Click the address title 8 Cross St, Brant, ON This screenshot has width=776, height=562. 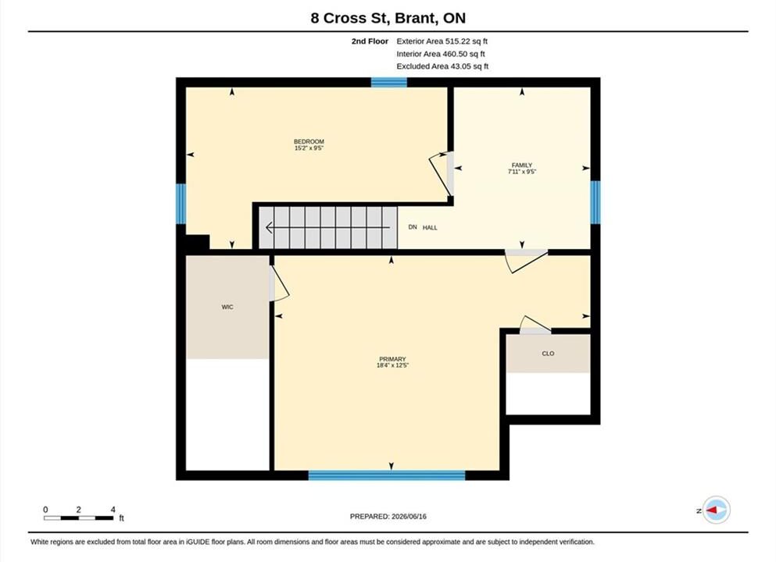point(388,18)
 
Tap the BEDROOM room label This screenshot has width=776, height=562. point(309,141)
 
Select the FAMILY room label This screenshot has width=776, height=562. point(521,165)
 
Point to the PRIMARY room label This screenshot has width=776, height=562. point(392,359)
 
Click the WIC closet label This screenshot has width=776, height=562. point(227,307)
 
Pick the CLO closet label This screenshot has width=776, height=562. point(548,354)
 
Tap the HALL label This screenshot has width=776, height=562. point(430,227)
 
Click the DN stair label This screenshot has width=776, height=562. point(413,227)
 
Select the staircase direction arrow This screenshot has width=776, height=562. point(327,227)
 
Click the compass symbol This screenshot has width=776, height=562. point(716,510)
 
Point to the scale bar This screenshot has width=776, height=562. point(78,518)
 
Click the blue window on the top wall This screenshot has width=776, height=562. point(389,82)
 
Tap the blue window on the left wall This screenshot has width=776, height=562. point(181,204)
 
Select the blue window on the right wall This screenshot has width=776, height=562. point(595,201)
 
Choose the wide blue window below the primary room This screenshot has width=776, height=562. point(387,475)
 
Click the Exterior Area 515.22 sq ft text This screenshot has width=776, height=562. point(442,41)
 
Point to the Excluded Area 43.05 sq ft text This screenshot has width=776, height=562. point(442,66)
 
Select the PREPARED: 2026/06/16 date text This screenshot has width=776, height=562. point(388,517)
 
